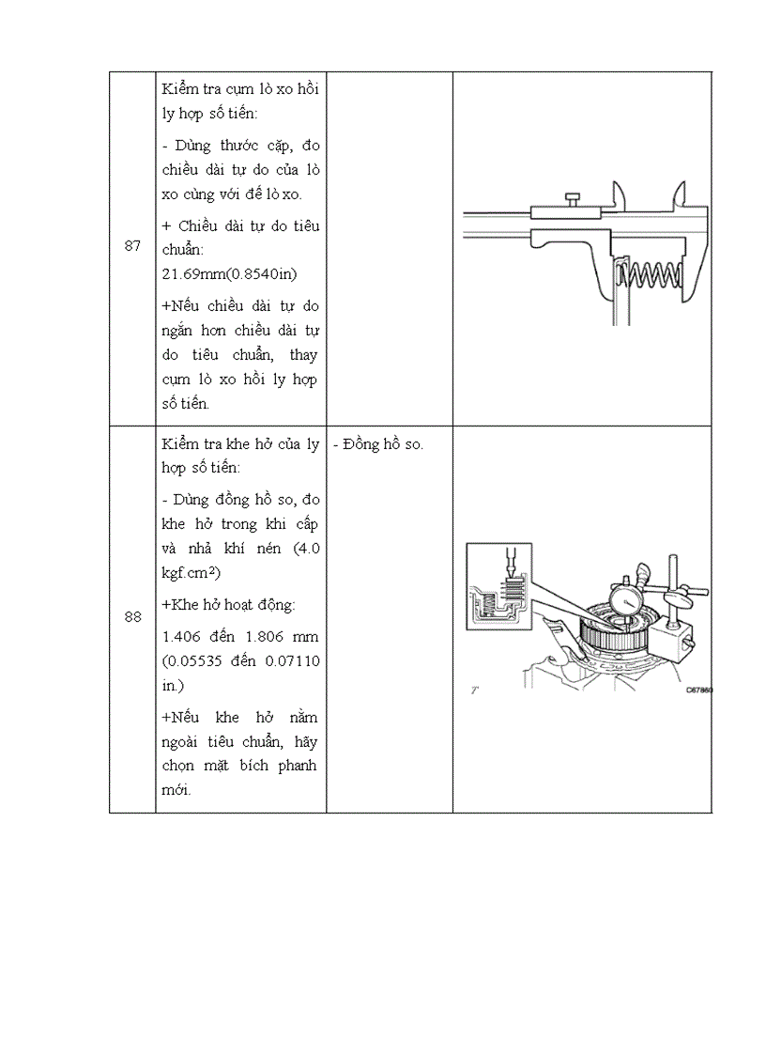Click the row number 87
pyautogui.click(x=132, y=246)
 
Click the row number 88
pyautogui.click(x=132, y=617)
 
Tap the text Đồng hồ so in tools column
pyautogui.click(x=378, y=444)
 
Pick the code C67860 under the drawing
pyautogui.click(x=698, y=690)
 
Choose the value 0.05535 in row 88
pyautogui.click(x=201, y=661)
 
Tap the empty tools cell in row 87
pyautogui.click(x=390, y=246)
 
